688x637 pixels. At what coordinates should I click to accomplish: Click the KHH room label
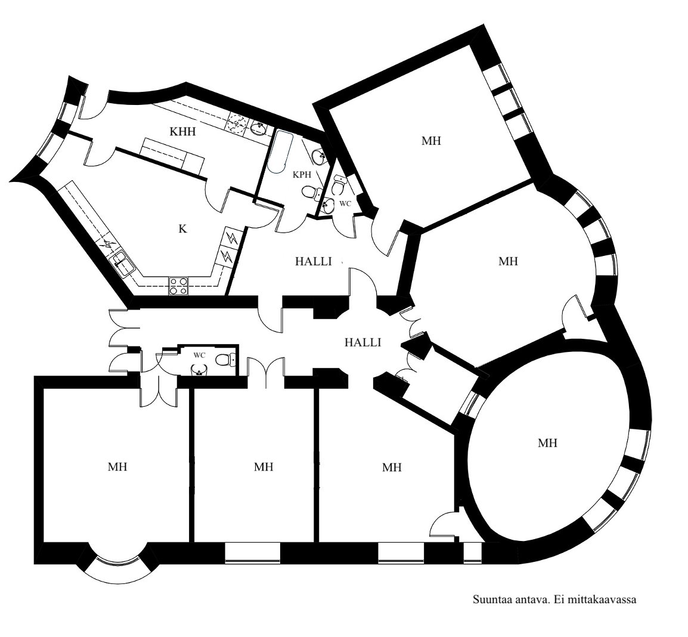[x=182, y=131]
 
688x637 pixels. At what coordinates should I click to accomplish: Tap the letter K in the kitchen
[x=182, y=228]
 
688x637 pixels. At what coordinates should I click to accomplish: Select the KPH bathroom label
[x=302, y=174]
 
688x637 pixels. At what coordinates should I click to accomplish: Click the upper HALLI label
[x=313, y=262]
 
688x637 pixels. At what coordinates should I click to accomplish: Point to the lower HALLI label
[x=362, y=342]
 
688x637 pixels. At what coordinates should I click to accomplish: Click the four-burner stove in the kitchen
[x=179, y=286]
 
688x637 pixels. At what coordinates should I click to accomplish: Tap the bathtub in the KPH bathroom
[x=280, y=152]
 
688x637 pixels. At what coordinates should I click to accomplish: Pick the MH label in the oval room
[x=547, y=443]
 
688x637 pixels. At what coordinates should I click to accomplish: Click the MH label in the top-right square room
[x=431, y=141]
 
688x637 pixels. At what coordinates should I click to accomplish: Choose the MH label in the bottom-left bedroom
[x=117, y=466]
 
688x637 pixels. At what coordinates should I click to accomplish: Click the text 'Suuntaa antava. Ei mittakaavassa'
[x=554, y=599]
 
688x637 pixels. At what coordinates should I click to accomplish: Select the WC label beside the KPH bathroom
[x=346, y=204]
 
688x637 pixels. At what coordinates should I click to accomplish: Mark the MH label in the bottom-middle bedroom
[x=264, y=466]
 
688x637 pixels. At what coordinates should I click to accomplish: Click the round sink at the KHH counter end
[x=258, y=128]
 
